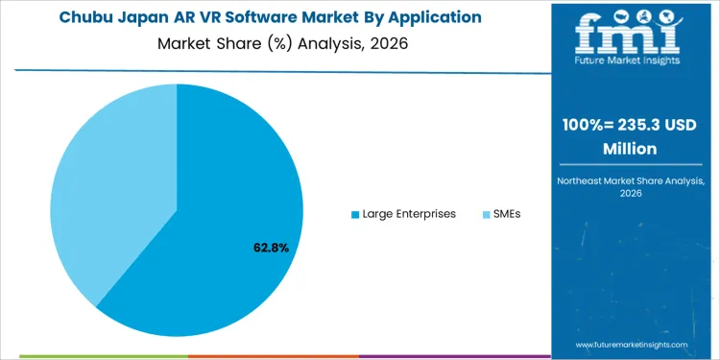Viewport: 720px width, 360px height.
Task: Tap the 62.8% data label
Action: [x=271, y=248]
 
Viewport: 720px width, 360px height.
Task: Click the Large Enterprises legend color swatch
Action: [x=355, y=214]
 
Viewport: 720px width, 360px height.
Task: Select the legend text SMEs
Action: [x=506, y=214]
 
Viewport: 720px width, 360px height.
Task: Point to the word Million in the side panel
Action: [x=630, y=149]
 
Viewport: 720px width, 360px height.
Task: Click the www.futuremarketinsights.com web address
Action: [x=633, y=344]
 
